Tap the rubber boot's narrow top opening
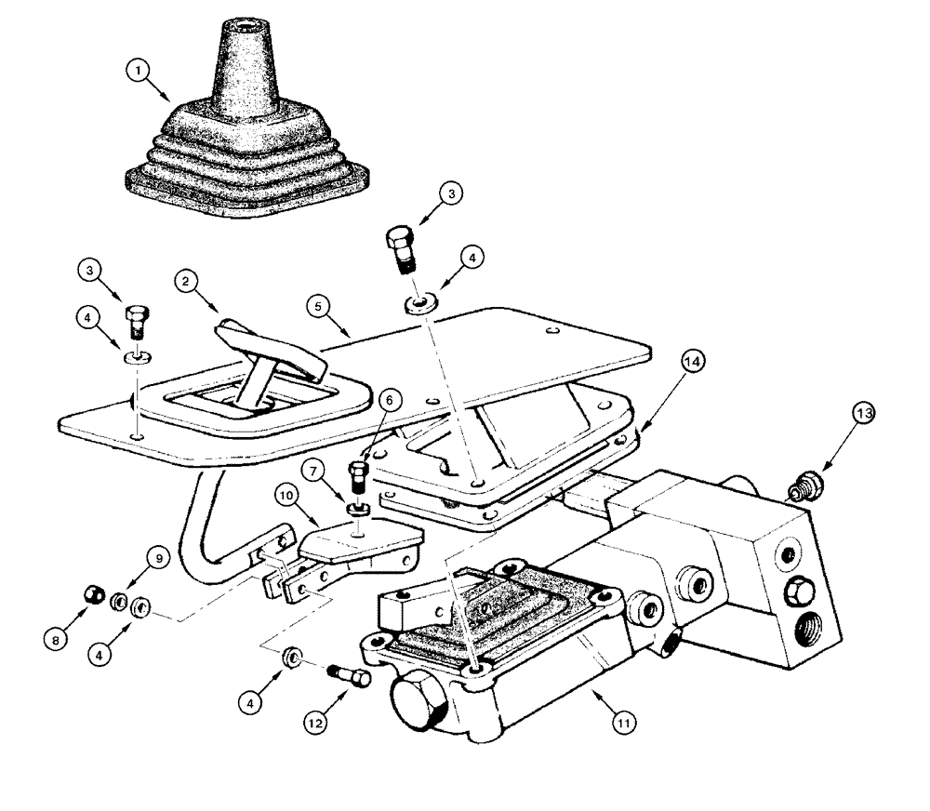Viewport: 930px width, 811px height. point(249,20)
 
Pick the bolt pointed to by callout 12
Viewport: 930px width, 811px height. point(350,673)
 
